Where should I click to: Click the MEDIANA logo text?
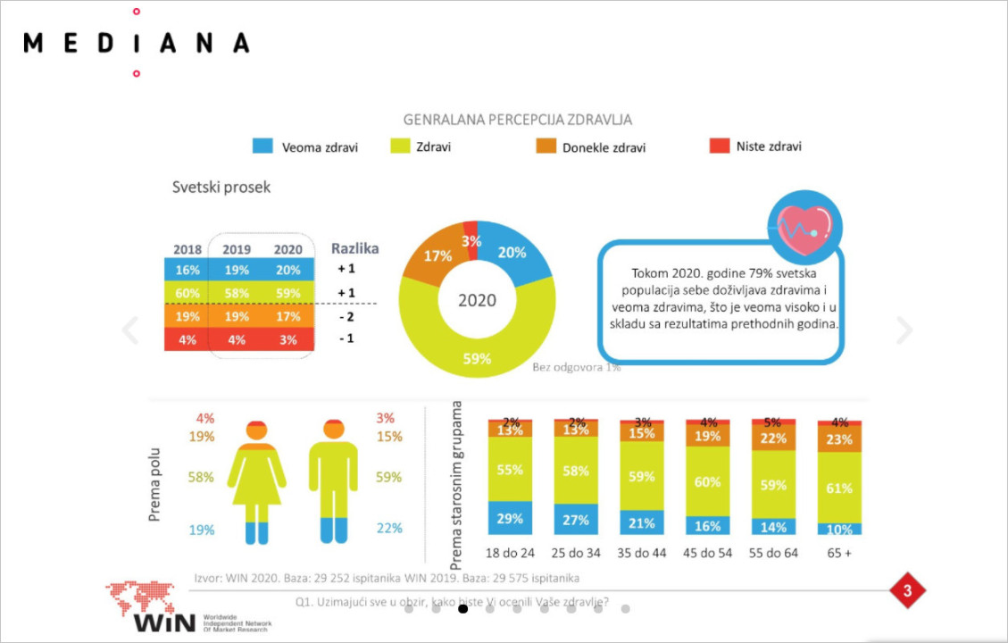[136, 42]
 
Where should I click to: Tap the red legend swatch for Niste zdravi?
[719, 146]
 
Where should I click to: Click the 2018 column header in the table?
[187, 249]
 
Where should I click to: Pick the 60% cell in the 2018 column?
[187, 292]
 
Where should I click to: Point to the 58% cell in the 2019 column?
[236, 292]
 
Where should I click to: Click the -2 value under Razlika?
[346, 316]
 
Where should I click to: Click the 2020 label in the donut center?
[477, 300]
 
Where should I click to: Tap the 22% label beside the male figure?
[389, 529]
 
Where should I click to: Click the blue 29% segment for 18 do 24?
[510, 517]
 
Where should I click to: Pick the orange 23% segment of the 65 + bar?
[839, 439]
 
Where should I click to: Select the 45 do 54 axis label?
[707, 553]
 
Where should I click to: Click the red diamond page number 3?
[907, 590]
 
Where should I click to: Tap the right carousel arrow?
[904, 330]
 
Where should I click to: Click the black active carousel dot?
[462, 609]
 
